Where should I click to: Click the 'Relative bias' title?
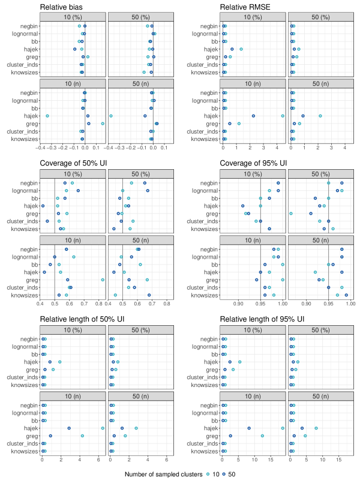tap(61, 7)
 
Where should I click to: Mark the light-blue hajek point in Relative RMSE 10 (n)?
tap(283, 116)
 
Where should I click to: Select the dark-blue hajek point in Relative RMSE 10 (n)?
tap(253, 116)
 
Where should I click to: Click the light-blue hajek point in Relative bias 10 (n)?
tap(47, 116)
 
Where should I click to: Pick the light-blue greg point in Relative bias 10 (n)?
tap(103, 124)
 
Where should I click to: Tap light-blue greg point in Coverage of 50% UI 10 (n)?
tap(103, 280)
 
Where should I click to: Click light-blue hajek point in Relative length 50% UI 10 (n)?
tap(103, 428)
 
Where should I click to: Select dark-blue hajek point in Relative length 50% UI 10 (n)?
tap(70, 428)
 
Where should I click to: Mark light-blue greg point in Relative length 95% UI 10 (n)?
tap(262, 436)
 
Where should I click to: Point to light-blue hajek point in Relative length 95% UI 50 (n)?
tap(316, 428)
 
